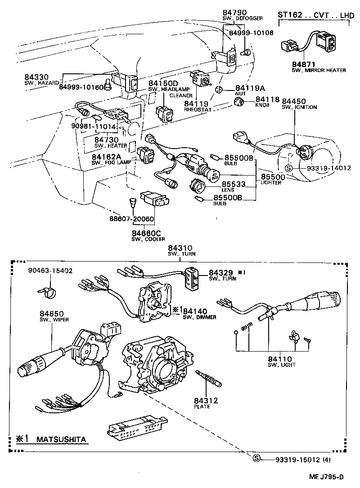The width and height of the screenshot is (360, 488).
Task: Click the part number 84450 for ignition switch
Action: point(295,102)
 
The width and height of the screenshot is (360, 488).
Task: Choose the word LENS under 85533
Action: point(228,190)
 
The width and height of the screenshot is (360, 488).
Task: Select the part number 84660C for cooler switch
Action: point(146,233)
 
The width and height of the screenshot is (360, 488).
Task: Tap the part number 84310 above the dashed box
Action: point(180,249)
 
